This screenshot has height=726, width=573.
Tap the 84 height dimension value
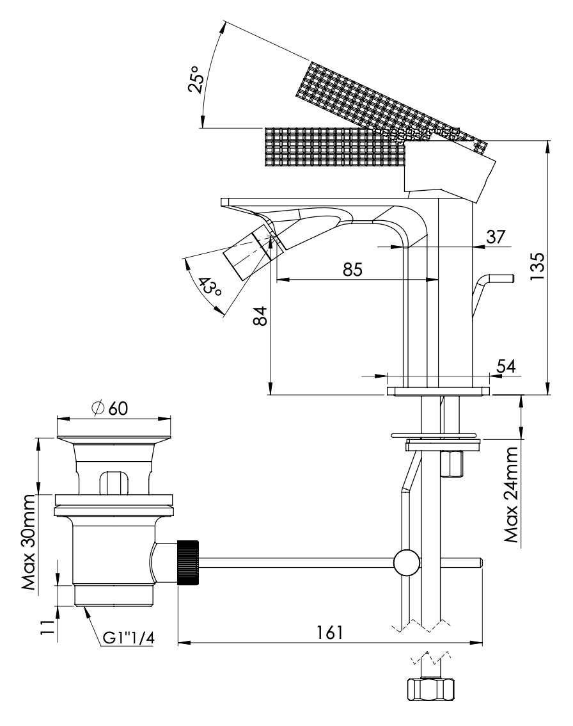pos(259,315)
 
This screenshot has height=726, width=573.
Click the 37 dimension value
pos(496,236)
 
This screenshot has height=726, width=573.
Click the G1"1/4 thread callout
pos(128,638)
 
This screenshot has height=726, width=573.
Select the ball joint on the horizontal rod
pos(407,562)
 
